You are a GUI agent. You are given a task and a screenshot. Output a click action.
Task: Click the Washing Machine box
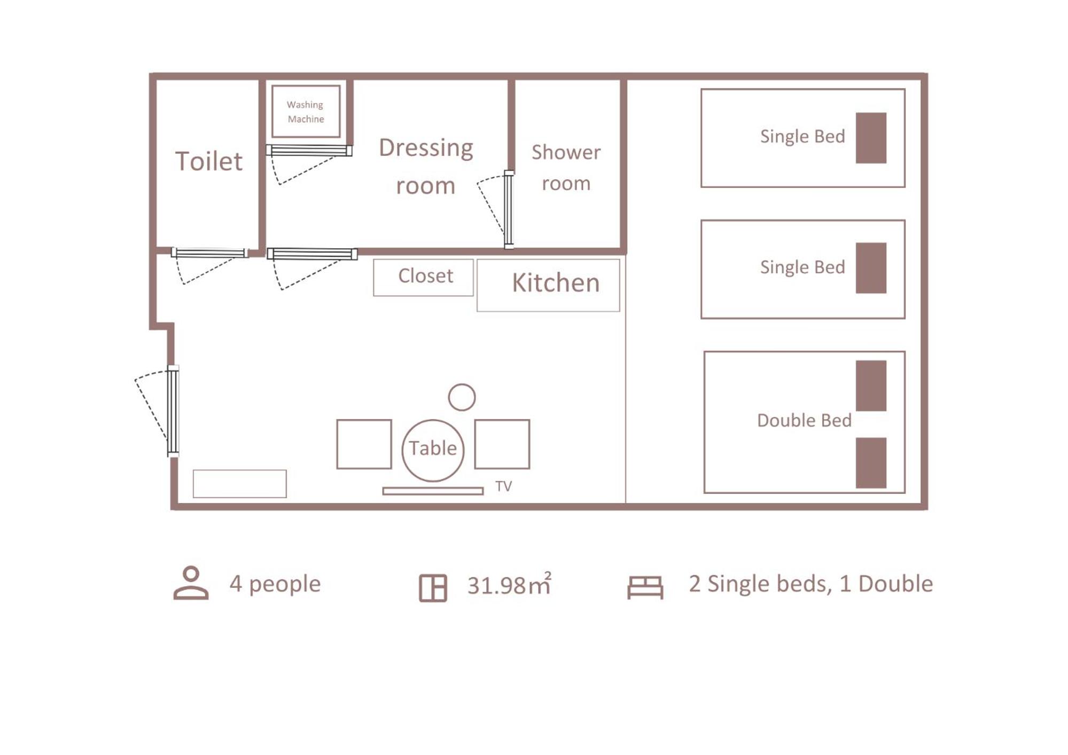(x=306, y=111)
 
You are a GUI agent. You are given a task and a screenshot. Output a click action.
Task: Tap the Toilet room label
(x=209, y=161)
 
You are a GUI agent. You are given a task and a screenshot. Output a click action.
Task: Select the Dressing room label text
(x=426, y=167)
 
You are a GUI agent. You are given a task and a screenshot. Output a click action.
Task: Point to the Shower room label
(x=566, y=168)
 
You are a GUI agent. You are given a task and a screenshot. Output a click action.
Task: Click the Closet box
(x=423, y=277)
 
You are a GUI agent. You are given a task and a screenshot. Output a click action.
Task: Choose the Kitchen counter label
(x=556, y=282)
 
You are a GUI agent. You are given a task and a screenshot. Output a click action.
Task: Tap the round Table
(x=433, y=450)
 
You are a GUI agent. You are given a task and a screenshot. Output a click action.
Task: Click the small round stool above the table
(x=462, y=397)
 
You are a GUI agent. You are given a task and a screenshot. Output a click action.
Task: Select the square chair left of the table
(x=364, y=444)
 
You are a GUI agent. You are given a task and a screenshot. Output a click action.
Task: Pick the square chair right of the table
(x=502, y=444)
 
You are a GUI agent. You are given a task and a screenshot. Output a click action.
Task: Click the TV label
(x=503, y=486)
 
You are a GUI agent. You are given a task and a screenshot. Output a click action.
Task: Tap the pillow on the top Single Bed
(x=871, y=138)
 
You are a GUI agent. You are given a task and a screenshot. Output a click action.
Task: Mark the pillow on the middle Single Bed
(x=871, y=268)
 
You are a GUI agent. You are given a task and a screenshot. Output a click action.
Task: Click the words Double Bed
(x=804, y=421)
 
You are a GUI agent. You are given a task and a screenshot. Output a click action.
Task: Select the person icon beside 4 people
(x=191, y=583)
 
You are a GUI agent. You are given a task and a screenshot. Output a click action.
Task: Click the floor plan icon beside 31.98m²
(x=433, y=588)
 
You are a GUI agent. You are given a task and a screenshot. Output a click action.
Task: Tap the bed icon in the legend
(x=645, y=587)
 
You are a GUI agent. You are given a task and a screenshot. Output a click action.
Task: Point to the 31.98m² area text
(x=509, y=584)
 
